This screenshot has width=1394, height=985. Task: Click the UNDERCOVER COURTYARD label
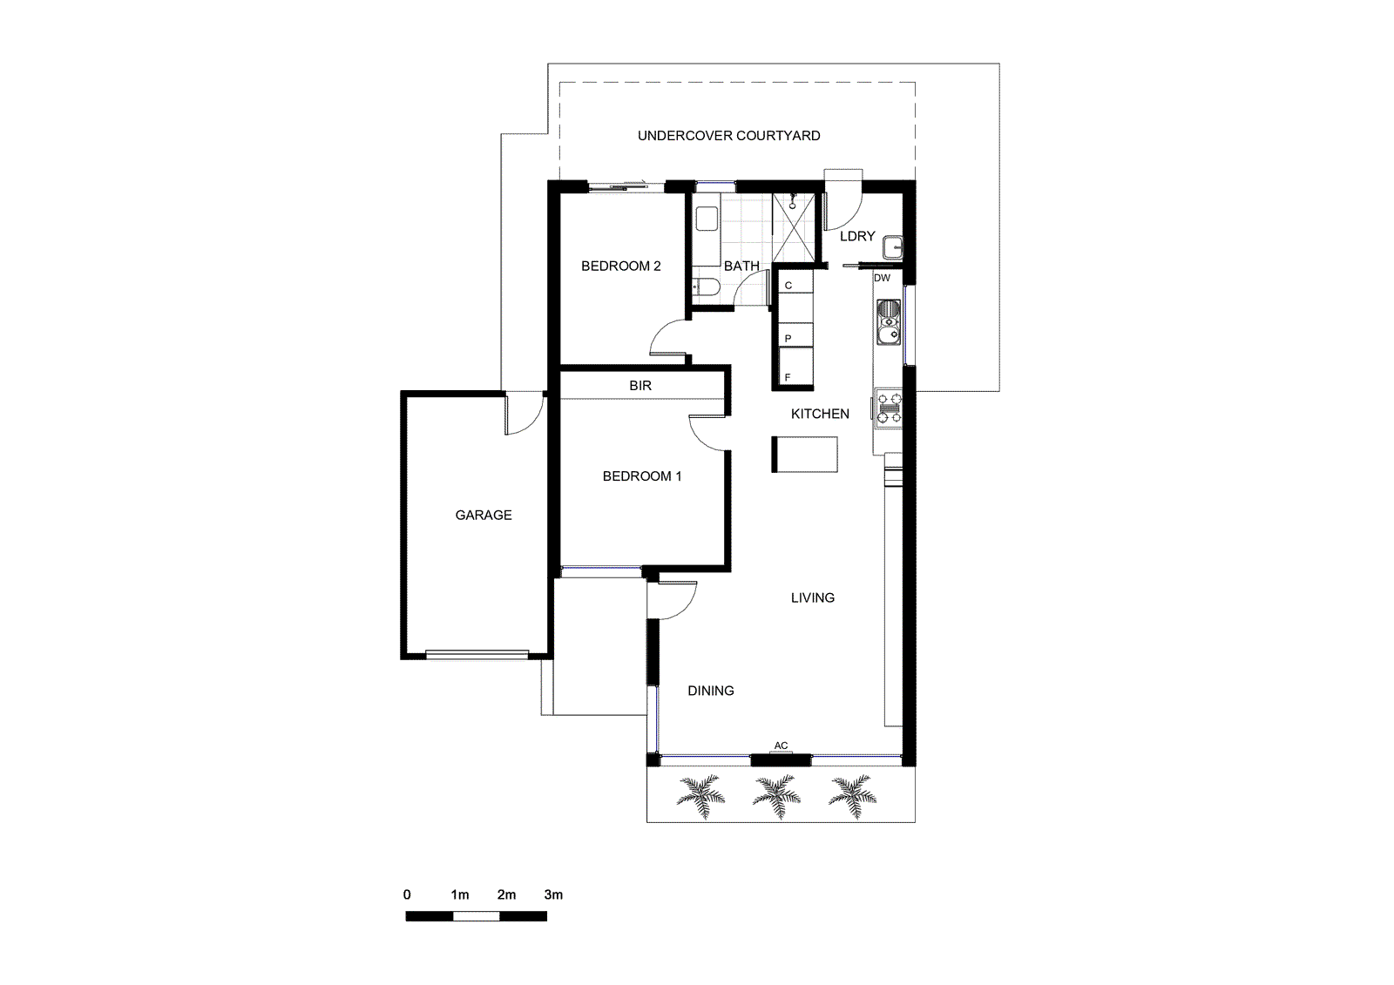click(x=728, y=136)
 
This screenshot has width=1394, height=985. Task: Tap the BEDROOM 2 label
click(x=620, y=266)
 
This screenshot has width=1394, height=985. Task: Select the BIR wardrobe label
click(x=640, y=385)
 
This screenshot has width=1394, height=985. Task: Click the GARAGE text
click(x=484, y=516)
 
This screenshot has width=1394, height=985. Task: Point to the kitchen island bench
click(x=804, y=454)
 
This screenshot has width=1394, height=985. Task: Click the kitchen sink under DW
click(x=888, y=322)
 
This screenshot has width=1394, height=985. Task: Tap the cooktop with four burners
click(x=889, y=408)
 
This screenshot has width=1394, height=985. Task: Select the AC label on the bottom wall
click(x=782, y=746)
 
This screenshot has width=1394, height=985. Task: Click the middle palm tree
click(x=776, y=795)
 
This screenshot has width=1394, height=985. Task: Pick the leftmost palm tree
click(x=701, y=795)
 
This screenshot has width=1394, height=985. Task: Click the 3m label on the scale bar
click(x=553, y=894)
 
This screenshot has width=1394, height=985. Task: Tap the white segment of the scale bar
click(x=476, y=916)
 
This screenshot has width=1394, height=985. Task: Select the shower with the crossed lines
click(x=796, y=227)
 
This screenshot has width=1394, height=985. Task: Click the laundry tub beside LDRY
click(x=893, y=247)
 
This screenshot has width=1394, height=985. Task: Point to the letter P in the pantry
click(x=788, y=338)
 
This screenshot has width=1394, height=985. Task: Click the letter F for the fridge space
click(x=788, y=377)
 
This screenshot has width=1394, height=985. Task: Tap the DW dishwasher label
click(x=882, y=278)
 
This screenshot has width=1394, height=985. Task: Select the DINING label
click(x=710, y=691)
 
